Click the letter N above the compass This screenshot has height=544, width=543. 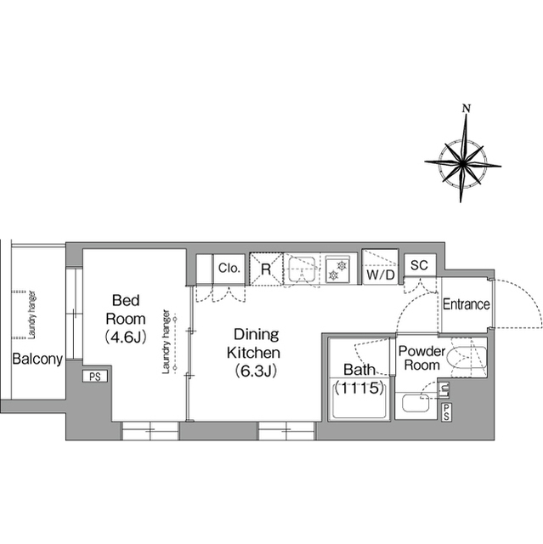(466, 108)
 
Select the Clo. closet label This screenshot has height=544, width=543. (229, 268)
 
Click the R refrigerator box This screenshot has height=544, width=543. (266, 269)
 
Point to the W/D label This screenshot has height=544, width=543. (379, 275)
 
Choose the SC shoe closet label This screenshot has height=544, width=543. (418, 265)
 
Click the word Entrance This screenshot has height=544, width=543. (466, 304)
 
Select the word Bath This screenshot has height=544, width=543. (358, 370)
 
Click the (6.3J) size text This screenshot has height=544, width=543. (253, 370)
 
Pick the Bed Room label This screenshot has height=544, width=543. (127, 309)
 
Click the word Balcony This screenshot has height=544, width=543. (37, 359)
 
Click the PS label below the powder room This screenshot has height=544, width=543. (447, 411)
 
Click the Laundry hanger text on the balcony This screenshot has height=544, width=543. (31, 318)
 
